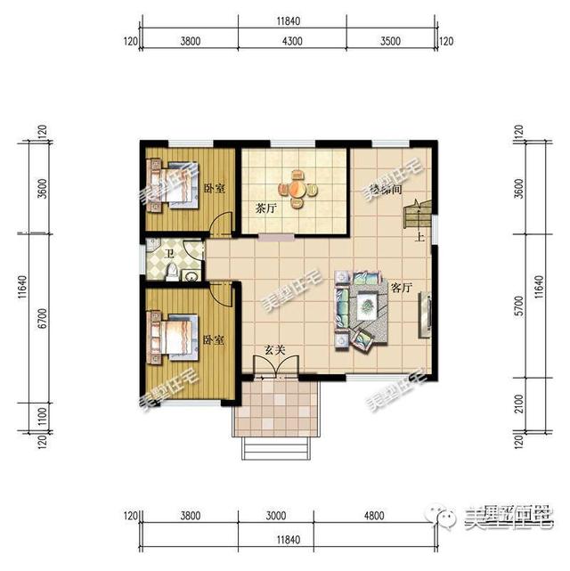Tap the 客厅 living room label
[x=401, y=288]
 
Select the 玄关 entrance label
[x=275, y=349]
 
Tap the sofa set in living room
[x=362, y=310]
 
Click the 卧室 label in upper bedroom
[x=213, y=188]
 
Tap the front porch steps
[x=275, y=445]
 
